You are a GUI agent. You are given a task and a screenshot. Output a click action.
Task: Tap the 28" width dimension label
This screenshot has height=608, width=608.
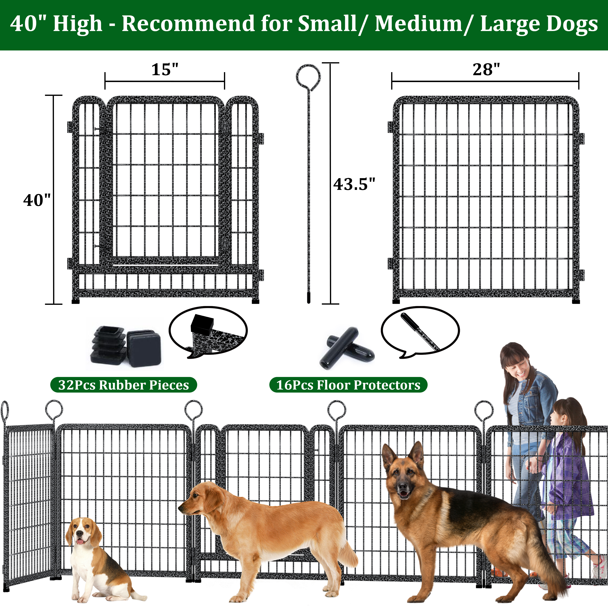(x=486, y=70)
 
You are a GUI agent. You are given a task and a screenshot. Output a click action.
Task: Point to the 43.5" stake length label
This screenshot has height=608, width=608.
(x=354, y=184)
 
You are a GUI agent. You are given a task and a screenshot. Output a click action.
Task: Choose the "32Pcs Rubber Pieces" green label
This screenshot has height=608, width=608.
(x=124, y=385)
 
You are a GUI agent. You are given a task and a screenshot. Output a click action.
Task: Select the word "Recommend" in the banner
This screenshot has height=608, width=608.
(x=188, y=23)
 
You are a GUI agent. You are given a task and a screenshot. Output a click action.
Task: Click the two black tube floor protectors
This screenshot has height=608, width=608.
(x=347, y=348)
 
